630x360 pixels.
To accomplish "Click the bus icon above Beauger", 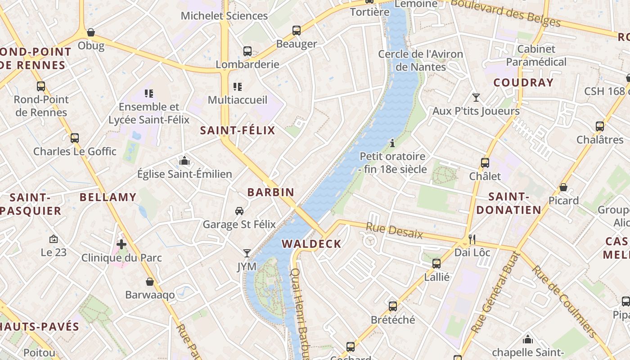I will (x=296, y=31).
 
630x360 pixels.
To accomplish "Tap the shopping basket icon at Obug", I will (x=91, y=32).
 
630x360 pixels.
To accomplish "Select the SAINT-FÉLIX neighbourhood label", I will (x=237, y=130).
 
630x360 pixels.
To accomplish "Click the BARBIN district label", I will (x=271, y=192).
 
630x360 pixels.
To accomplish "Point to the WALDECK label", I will (x=311, y=244).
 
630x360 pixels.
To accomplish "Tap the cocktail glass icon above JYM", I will (x=247, y=253).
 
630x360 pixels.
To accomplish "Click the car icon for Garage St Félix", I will (x=239, y=211).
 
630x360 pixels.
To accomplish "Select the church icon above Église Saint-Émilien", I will (x=184, y=161).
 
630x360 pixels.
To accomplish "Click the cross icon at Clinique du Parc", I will (x=121, y=244).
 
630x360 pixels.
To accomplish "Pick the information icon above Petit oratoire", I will (x=392, y=143).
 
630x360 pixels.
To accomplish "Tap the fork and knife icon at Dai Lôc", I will (x=472, y=239).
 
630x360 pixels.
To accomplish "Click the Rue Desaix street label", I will (x=394, y=230).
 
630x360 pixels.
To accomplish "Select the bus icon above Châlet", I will (x=485, y=163).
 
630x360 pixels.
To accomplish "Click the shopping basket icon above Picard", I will (x=563, y=187).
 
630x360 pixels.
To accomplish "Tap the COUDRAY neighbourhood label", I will (x=523, y=82).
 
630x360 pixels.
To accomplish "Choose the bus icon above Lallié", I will (x=436, y=264).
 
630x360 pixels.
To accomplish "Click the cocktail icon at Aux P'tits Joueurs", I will (x=476, y=97).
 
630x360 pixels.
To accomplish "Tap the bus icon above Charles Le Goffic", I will (x=75, y=138).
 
